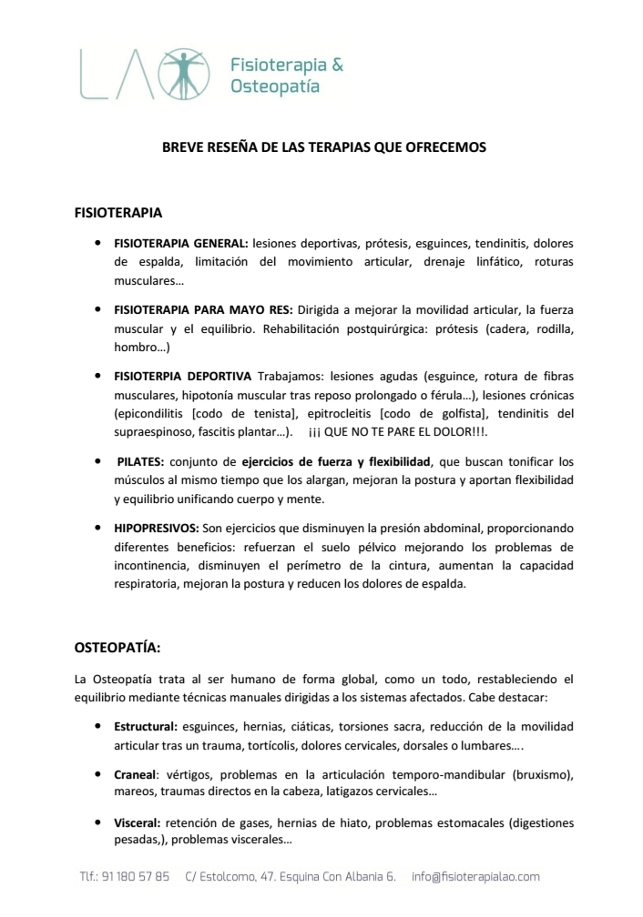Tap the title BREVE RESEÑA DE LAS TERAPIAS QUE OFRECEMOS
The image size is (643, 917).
(324, 146)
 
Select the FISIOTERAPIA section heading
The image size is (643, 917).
(117, 213)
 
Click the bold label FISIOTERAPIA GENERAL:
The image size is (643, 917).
(180, 244)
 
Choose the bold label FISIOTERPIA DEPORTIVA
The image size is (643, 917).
(183, 375)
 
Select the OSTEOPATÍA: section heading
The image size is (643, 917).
(117, 648)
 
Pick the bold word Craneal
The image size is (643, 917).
(135, 774)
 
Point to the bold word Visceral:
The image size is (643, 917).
(137, 822)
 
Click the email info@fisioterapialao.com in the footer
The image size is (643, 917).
(475, 877)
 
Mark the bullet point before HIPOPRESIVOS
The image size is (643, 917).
(97, 528)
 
